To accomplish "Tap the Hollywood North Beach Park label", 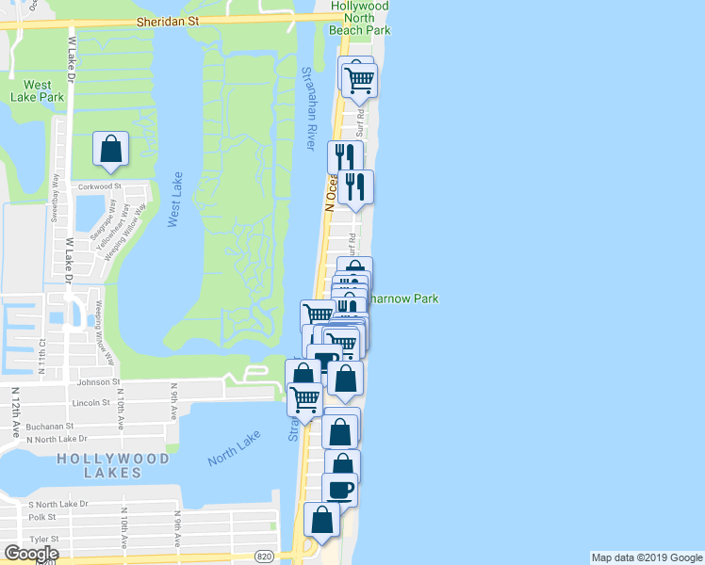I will pos(359,18).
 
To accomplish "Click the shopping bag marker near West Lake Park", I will pos(110,149).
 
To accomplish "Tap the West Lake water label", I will pos(173,200).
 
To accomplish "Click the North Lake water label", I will pos(235,447).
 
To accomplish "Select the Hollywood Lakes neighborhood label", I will pos(113,466).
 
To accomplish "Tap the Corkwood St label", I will pos(102,186).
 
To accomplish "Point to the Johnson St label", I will pos(99,382).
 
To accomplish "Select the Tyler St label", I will pos(43,539).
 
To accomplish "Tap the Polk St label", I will pos(42,517).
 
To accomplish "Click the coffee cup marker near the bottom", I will pos(339,490).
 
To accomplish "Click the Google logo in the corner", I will pos(31,554).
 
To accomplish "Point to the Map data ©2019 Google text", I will pos(646,557).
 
